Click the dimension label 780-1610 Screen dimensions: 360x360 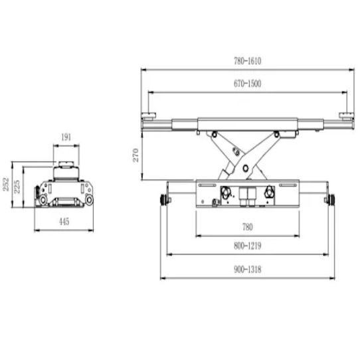coord(248,61)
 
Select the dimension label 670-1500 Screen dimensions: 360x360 coord(248,84)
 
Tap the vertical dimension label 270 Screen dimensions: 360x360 coord(136,155)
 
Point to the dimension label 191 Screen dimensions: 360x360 coord(66,137)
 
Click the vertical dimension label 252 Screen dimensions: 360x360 coord(6,184)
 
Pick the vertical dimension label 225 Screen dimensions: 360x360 coord(17,187)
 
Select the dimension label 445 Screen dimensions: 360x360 coord(64,222)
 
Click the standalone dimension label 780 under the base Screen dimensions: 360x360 coord(248,227)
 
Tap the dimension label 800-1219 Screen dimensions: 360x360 coord(248,246)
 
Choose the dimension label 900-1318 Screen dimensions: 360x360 coord(248,269)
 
